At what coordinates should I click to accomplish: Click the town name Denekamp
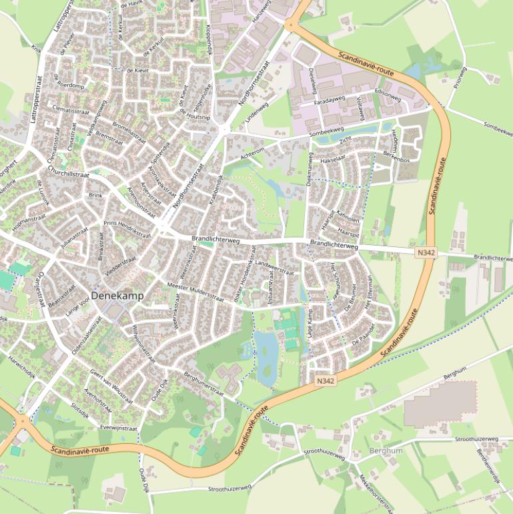pos(118,295)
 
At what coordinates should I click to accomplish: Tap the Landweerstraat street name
pos(270,268)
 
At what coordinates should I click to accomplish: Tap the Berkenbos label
pos(396,154)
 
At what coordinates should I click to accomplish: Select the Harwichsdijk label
pos(21,376)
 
